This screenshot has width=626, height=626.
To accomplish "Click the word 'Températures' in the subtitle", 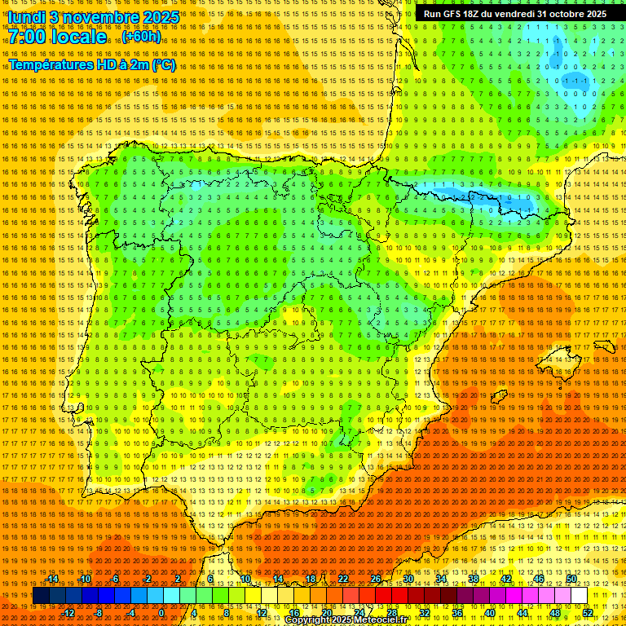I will pyautogui.click(x=51, y=64).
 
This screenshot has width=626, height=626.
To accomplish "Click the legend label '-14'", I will pyautogui.click(x=53, y=579).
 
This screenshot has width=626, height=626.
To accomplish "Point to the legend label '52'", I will pyautogui.click(x=588, y=613).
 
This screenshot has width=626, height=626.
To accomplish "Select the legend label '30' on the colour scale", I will pyautogui.click(x=408, y=579).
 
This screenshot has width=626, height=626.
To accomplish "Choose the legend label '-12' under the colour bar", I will pyautogui.click(x=68, y=613).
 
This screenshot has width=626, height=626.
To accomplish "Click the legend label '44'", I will pyautogui.click(x=522, y=613).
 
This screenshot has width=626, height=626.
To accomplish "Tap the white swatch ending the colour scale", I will pyautogui.click(x=580, y=596).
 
